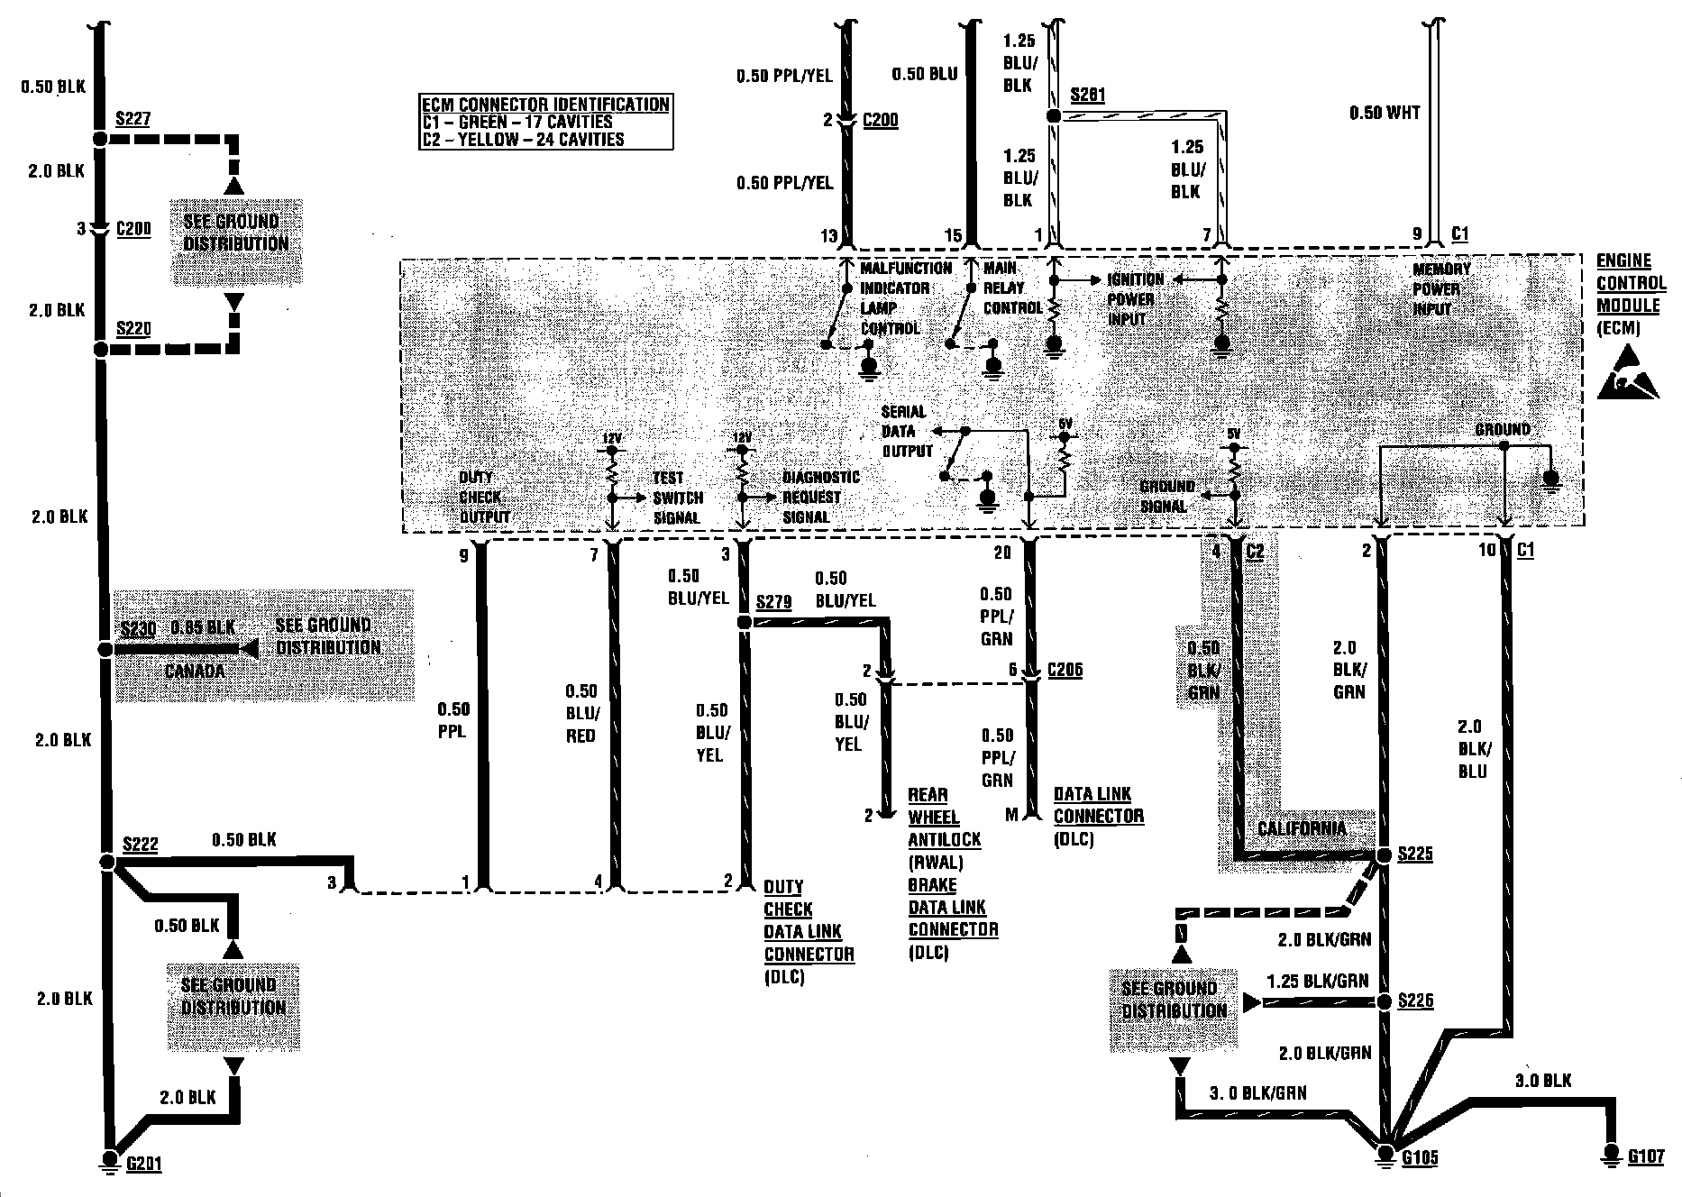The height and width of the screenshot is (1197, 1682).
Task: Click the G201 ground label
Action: coord(143,1164)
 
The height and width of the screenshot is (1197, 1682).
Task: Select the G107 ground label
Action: coord(1645,1156)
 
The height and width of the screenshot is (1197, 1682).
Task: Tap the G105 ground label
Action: coord(1420,1157)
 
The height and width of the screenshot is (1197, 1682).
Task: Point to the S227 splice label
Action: coord(133,119)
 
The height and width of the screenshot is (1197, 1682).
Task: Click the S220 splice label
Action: coord(133,329)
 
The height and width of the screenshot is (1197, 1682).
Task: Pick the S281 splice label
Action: coord(1087,96)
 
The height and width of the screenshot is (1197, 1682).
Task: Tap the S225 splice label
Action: coord(1414,854)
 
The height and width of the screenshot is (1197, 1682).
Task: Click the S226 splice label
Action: coord(1415,1001)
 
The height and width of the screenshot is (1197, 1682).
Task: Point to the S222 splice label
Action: coord(140,844)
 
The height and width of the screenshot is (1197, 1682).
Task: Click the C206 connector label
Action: coord(1065,670)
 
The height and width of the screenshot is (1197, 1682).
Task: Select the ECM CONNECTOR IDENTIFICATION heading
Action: coord(545,105)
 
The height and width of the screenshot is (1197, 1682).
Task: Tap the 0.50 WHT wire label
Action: coord(1385,113)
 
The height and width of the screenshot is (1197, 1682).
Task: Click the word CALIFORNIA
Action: coord(1301,828)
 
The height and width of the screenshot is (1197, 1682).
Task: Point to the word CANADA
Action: coord(195,671)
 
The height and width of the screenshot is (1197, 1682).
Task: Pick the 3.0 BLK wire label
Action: coord(1544,1080)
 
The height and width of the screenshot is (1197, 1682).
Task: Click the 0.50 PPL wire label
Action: coord(452,720)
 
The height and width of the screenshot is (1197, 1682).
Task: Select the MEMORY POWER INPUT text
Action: coord(1440,288)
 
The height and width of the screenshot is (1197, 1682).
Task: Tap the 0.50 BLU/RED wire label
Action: coord(580,713)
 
